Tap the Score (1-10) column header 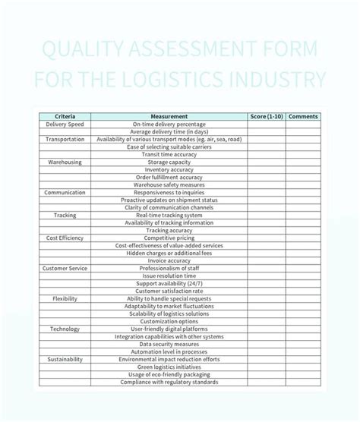click(267, 117)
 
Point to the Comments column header click(304, 117)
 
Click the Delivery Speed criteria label click(65, 124)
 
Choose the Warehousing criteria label click(65, 162)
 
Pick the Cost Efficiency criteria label click(65, 238)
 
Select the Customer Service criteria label click(65, 269)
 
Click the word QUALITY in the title click(83, 52)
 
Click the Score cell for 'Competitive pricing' click(267, 238)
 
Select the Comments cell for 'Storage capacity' click(304, 162)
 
